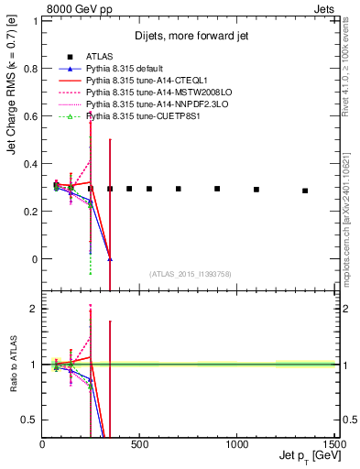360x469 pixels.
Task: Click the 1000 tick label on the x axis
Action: (237, 442)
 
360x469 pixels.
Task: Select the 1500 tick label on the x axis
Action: (334, 442)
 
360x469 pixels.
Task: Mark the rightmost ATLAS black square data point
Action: (305, 191)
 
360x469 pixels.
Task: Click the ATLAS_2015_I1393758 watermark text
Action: (190, 274)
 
